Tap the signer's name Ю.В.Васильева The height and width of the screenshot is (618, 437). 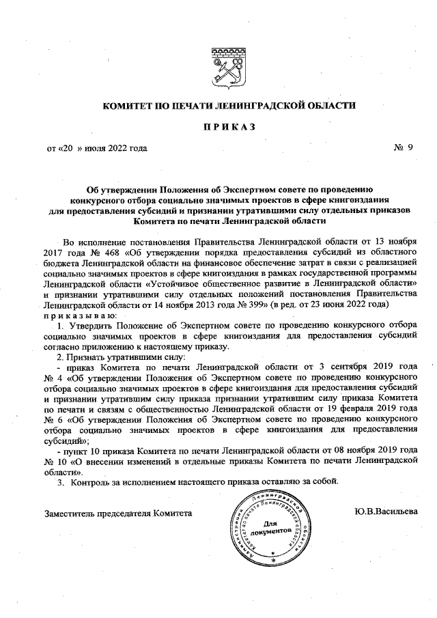pos(386,511)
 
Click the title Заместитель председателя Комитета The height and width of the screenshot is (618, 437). pos(118,512)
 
